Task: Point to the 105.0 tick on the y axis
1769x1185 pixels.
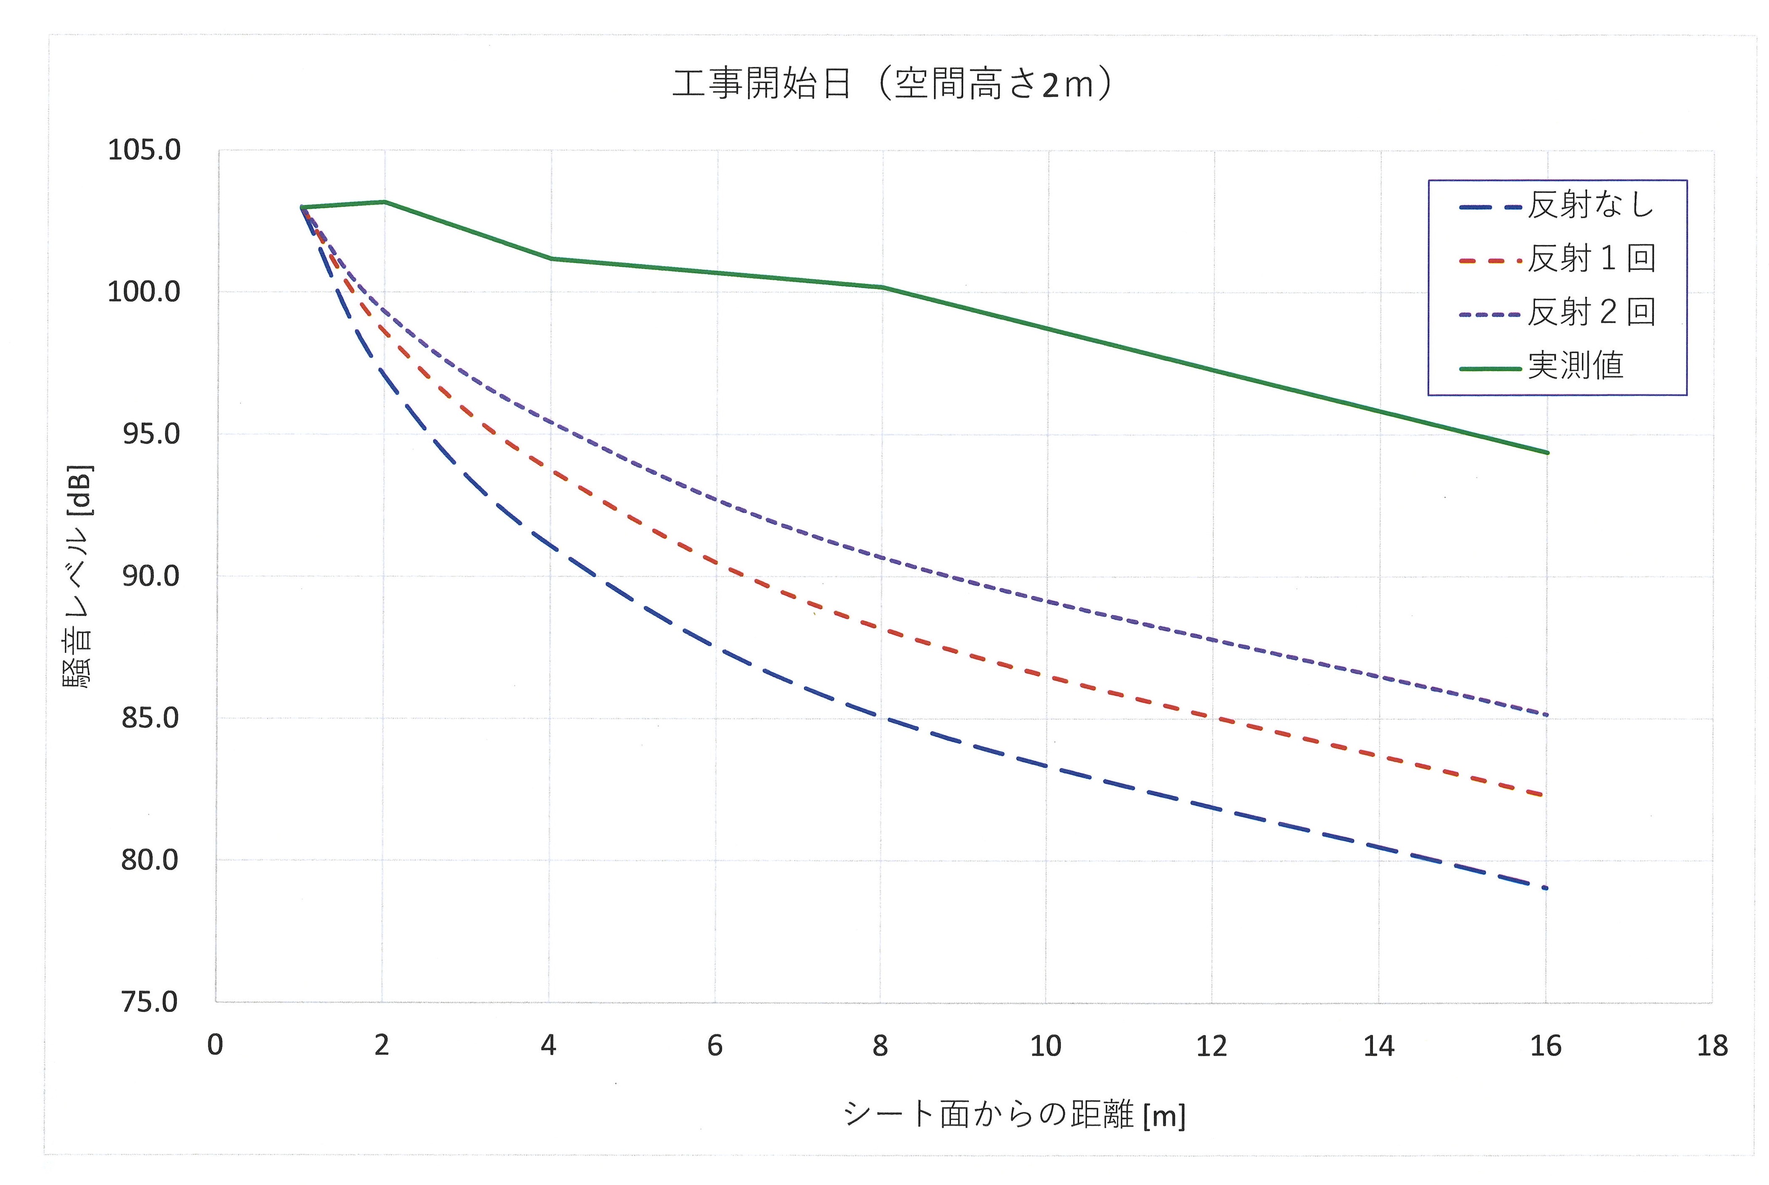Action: point(144,150)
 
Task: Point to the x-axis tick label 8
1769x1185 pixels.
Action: point(881,1046)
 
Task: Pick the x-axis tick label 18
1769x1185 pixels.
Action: point(1711,1046)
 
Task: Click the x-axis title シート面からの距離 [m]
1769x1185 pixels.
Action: point(1013,1115)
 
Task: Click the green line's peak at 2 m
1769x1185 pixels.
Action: point(384,202)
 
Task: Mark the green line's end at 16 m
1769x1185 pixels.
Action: point(1547,453)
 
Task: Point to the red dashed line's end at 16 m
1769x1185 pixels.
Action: point(1541,795)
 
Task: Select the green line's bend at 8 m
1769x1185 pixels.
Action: point(882,287)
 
